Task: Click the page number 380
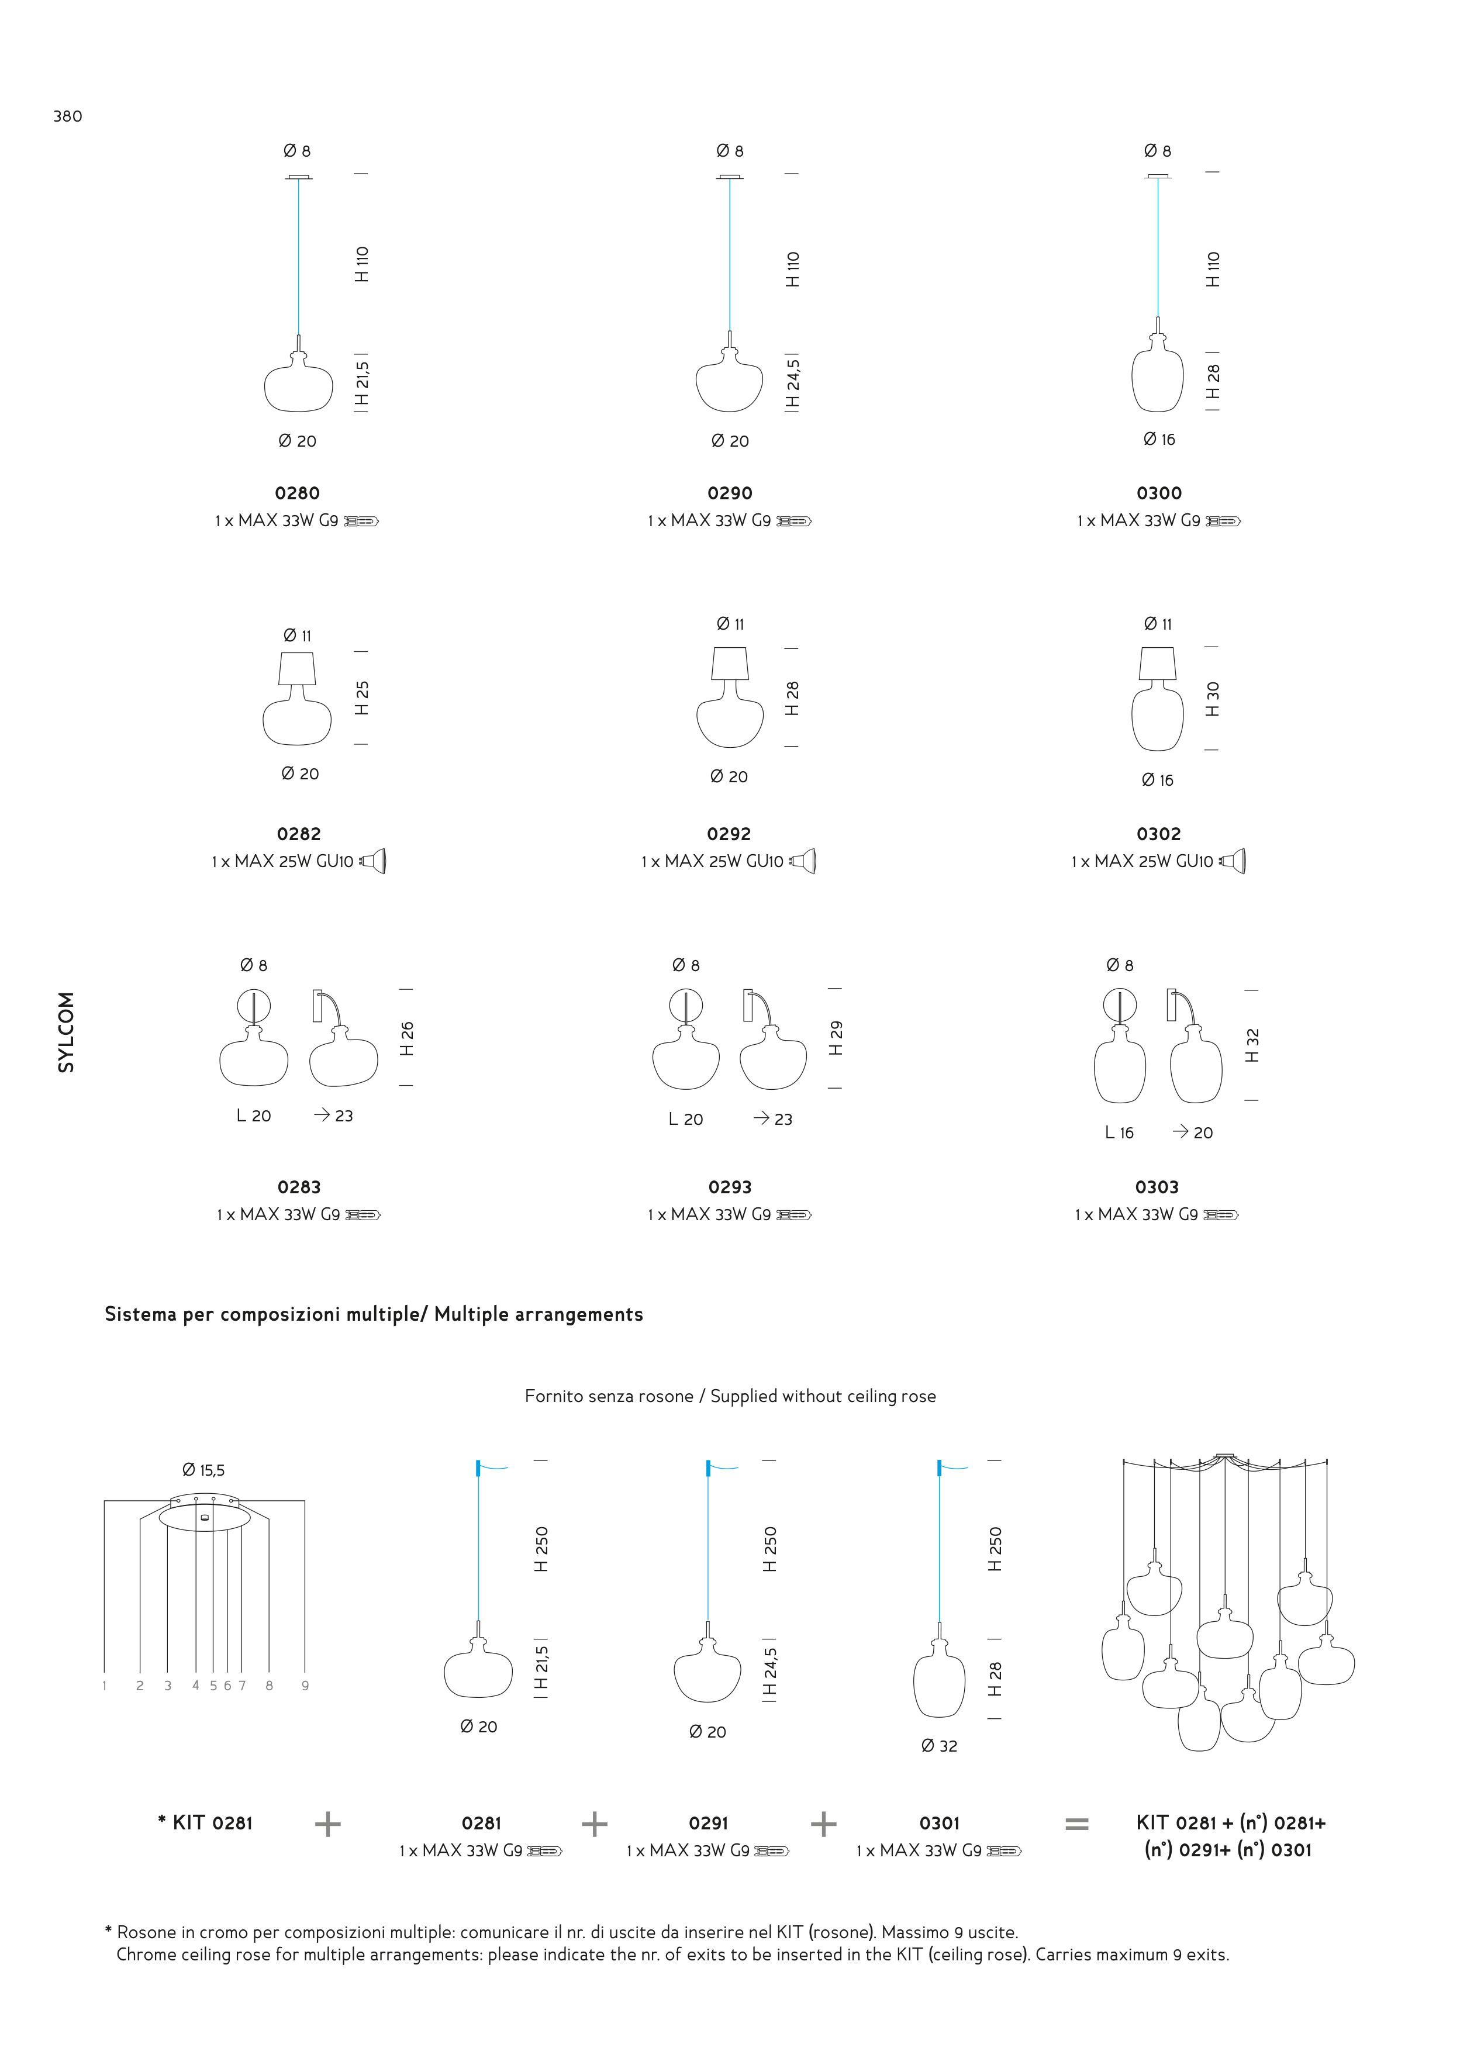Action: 67,116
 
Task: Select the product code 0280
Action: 297,493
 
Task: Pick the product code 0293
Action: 730,1187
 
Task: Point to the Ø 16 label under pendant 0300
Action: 1159,439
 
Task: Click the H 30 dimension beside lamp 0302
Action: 1213,698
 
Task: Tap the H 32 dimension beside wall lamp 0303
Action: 1252,1045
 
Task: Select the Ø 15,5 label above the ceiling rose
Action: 203,1470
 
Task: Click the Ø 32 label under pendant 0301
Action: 939,1746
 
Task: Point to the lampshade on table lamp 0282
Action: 297,668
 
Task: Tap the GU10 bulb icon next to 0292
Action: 802,861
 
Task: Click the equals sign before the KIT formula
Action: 1077,1824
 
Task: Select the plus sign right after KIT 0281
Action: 327,1824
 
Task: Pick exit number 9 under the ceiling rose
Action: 305,1686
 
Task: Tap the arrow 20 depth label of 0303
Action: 1193,1132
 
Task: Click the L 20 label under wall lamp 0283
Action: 254,1116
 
